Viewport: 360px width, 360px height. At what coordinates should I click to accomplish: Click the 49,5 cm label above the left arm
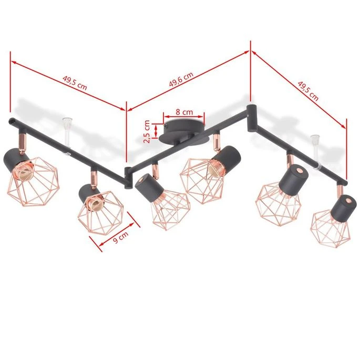pyautogui.click(x=74, y=83)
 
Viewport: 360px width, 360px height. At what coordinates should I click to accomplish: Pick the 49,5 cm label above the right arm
pyautogui.click(x=307, y=89)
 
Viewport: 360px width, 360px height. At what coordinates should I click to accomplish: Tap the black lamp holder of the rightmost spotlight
pyautogui.click(x=345, y=203)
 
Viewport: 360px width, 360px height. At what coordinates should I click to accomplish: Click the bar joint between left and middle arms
pyautogui.click(x=127, y=177)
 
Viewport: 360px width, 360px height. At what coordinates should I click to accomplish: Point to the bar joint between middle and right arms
pyautogui.click(x=250, y=111)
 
